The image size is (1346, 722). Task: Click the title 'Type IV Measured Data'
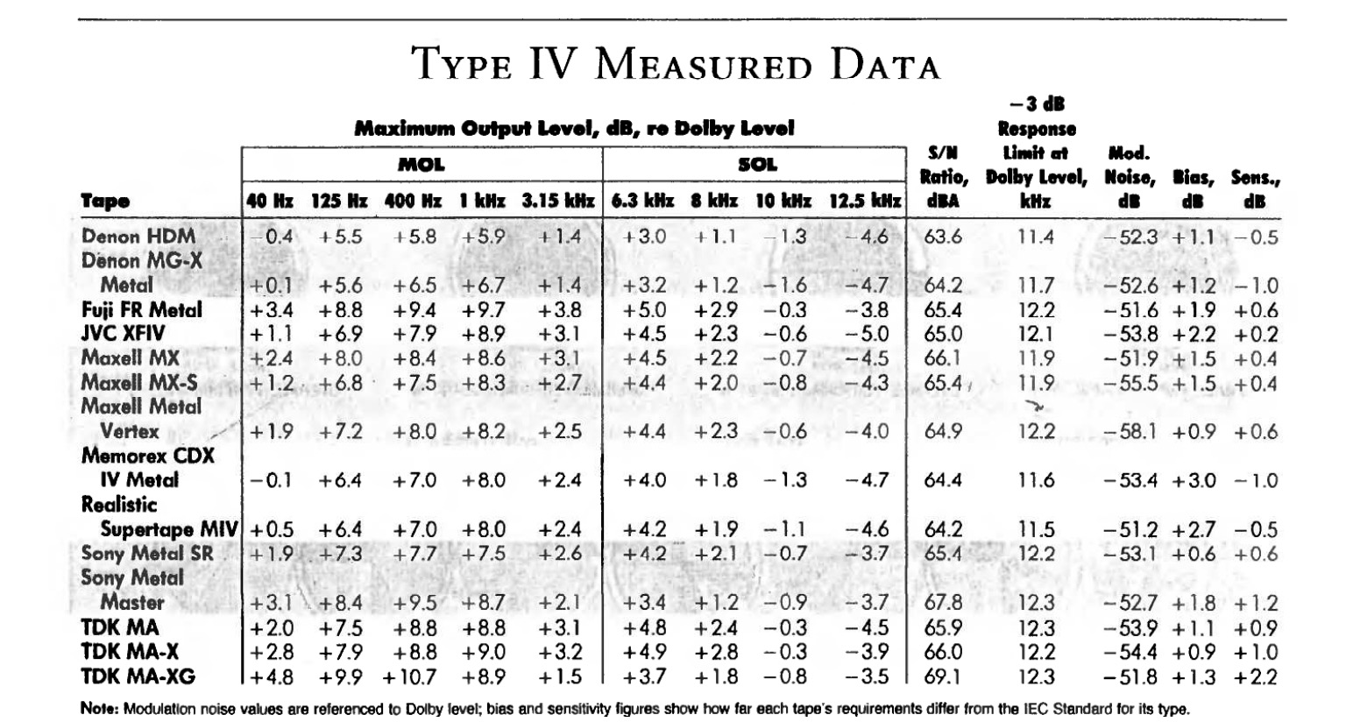675,64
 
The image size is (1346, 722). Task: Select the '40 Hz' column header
270,201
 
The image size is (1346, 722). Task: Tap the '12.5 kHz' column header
866,201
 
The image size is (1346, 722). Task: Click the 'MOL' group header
422,164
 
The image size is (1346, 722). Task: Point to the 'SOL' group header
757,164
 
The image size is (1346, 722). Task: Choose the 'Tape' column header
105,201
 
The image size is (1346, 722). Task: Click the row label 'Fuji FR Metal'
141,310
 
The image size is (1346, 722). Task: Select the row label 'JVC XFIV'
123,334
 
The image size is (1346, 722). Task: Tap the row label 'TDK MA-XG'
138,676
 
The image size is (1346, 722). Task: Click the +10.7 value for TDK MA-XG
409,677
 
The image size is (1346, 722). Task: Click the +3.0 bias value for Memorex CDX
1194,481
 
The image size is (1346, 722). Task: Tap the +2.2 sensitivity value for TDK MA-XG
1256,677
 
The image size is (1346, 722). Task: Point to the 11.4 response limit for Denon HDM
1036,237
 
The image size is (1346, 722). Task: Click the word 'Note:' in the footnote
99,709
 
